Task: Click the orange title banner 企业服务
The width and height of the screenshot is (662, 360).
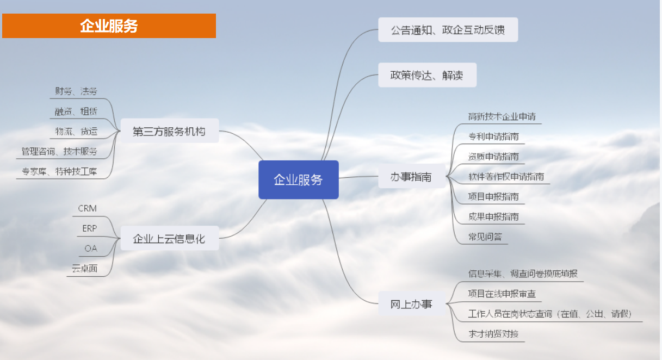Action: (x=109, y=26)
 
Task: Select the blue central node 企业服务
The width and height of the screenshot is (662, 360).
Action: (x=299, y=179)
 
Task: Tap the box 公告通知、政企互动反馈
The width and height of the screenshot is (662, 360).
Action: (x=448, y=29)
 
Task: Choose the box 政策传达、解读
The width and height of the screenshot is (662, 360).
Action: (x=428, y=75)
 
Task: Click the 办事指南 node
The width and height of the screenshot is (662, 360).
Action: (x=412, y=176)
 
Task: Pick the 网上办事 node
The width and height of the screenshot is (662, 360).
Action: (x=412, y=303)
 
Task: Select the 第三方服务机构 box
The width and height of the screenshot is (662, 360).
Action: (x=170, y=131)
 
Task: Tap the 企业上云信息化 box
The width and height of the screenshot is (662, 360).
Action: (x=170, y=238)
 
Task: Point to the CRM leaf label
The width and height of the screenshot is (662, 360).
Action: (x=87, y=208)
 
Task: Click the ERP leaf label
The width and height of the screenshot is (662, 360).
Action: (x=90, y=228)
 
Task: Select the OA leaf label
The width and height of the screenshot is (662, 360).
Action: (x=91, y=249)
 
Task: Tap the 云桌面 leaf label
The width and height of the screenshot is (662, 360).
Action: (x=84, y=269)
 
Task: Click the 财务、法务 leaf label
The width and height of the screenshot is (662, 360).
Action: (x=76, y=91)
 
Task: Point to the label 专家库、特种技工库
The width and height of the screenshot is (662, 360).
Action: (x=59, y=171)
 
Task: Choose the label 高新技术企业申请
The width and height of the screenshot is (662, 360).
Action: (x=502, y=116)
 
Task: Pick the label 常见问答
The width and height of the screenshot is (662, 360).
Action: (x=485, y=237)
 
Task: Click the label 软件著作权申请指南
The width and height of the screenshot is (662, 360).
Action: (x=506, y=176)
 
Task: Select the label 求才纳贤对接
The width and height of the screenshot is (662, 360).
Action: (x=493, y=334)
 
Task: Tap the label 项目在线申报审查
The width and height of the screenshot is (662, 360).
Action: (x=502, y=294)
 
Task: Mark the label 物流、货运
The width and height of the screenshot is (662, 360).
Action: (x=76, y=131)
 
